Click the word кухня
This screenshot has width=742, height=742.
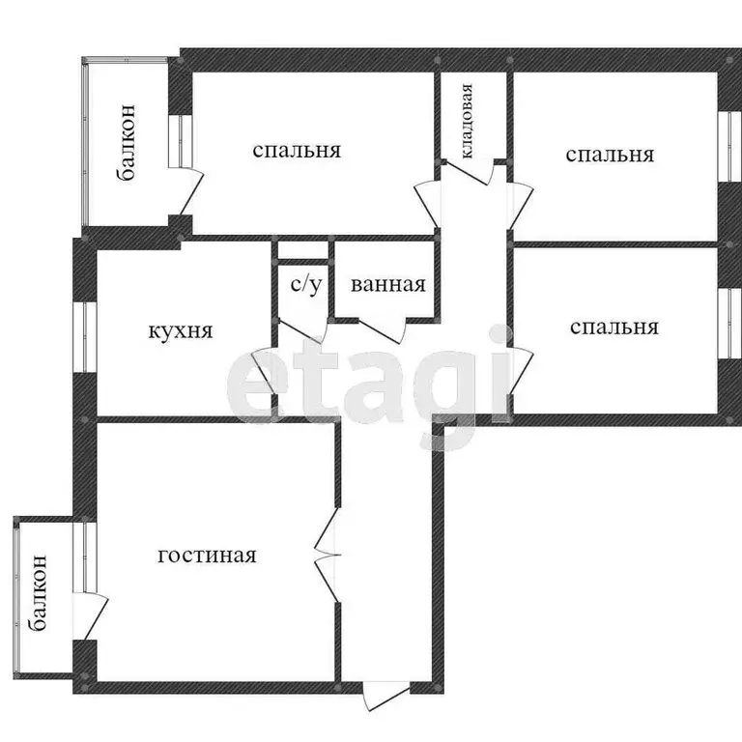tap(180, 330)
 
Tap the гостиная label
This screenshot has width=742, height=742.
tap(207, 556)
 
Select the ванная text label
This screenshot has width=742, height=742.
tap(388, 285)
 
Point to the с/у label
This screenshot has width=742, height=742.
tap(306, 285)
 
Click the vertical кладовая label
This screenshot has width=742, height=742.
tap(467, 122)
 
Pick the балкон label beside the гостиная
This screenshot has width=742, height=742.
tap(39, 592)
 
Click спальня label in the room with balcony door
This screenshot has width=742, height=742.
tap(297, 151)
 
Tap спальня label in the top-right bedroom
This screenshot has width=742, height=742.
tap(610, 155)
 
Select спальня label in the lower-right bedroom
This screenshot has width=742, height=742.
tap(614, 328)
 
